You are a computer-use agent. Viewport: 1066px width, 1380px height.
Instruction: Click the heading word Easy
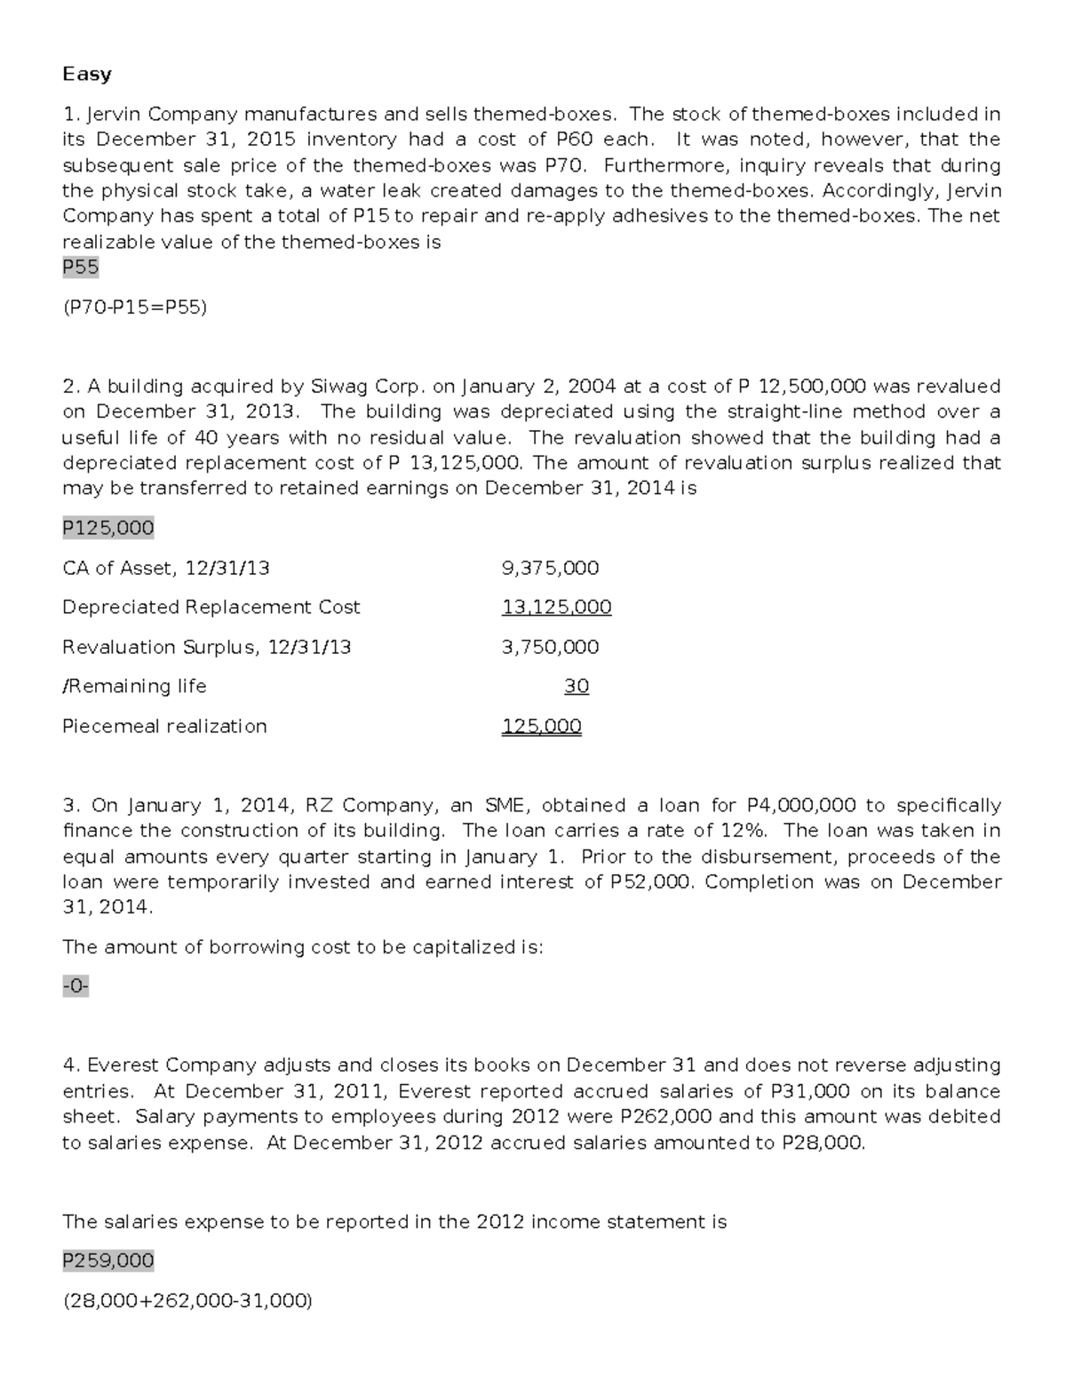pyautogui.click(x=87, y=75)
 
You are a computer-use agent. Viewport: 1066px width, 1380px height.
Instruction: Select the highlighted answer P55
pyautogui.click(x=81, y=267)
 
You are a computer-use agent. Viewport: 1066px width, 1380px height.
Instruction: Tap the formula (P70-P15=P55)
pyautogui.click(x=134, y=307)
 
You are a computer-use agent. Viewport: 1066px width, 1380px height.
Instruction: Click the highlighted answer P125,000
pyautogui.click(x=108, y=529)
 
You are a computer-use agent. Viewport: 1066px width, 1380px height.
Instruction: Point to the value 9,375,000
pyautogui.click(x=550, y=568)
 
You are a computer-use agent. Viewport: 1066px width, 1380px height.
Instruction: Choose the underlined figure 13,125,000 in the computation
pyautogui.click(x=556, y=608)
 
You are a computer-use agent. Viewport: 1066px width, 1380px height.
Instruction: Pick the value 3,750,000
pyautogui.click(x=550, y=647)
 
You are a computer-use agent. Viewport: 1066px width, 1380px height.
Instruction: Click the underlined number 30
pyautogui.click(x=577, y=686)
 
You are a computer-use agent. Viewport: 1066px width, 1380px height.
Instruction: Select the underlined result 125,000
pyautogui.click(x=542, y=726)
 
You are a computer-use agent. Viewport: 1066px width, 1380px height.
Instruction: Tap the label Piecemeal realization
pyautogui.click(x=164, y=726)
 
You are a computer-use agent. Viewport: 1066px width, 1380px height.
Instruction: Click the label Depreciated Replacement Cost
pyautogui.click(x=211, y=608)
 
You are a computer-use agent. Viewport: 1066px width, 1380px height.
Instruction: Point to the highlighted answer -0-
pyautogui.click(x=76, y=986)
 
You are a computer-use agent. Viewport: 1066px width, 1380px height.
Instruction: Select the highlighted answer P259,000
pyautogui.click(x=108, y=1261)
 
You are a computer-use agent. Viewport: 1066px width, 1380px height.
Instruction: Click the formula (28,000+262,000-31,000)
pyautogui.click(x=187, y=1301)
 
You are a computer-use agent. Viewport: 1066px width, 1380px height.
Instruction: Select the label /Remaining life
pyautogui.click(x=134, y=686)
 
